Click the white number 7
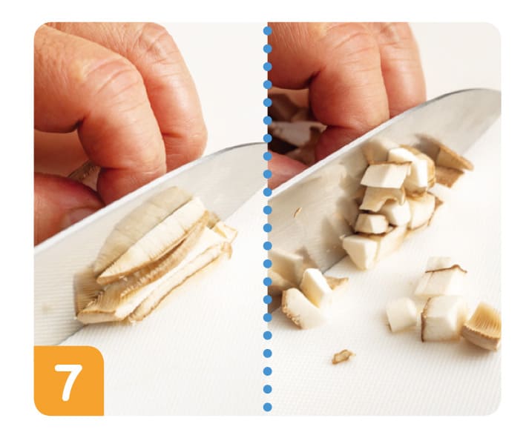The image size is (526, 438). (x=68, y=382)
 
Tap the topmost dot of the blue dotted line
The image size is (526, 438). (x=267, y=31)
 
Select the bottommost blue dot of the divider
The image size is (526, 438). (x=267, y=407)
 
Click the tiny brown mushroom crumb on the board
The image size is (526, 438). (x=342, y=356)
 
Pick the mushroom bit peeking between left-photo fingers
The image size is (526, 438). (x=85, y=174)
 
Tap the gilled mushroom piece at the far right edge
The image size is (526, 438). (x=481, y=326)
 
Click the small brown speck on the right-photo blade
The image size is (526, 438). (x=297, y=211)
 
